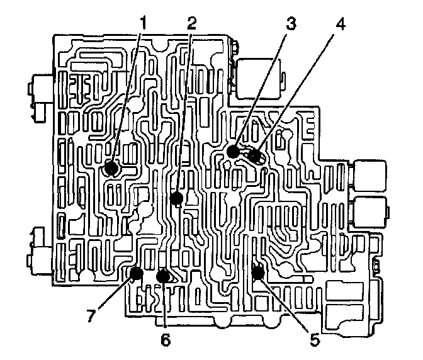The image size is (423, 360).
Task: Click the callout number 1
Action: tap(144, 23)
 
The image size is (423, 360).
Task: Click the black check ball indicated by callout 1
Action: tap(111, 168)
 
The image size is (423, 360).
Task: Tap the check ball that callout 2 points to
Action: tap(177, 199)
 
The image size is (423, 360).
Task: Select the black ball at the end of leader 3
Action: tap(233, 151)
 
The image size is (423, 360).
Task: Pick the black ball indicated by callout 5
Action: tap(257, 273)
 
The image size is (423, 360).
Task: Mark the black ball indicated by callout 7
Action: tap(135, 273)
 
